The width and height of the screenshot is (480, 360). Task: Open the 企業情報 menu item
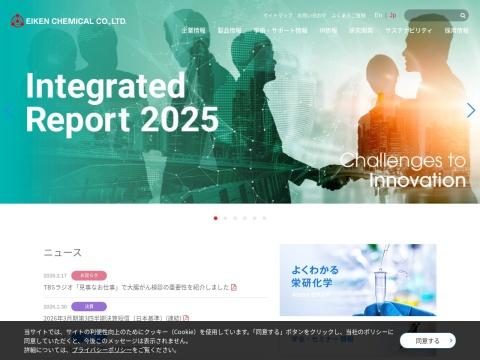point(194,31)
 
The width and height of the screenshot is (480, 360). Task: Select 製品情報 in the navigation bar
point(229,31)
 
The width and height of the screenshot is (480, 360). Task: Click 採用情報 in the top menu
point(456,31)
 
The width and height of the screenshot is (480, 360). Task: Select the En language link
point(378,15)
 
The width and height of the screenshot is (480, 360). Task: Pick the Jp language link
point(392,15)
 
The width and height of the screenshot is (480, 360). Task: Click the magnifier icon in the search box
point(463,15)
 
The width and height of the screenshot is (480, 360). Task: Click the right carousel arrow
point(470,110)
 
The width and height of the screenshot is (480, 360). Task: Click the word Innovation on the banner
point(418,180)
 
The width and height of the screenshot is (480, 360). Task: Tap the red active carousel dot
point(215,218)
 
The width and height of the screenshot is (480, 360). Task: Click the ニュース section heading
point(63,253)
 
